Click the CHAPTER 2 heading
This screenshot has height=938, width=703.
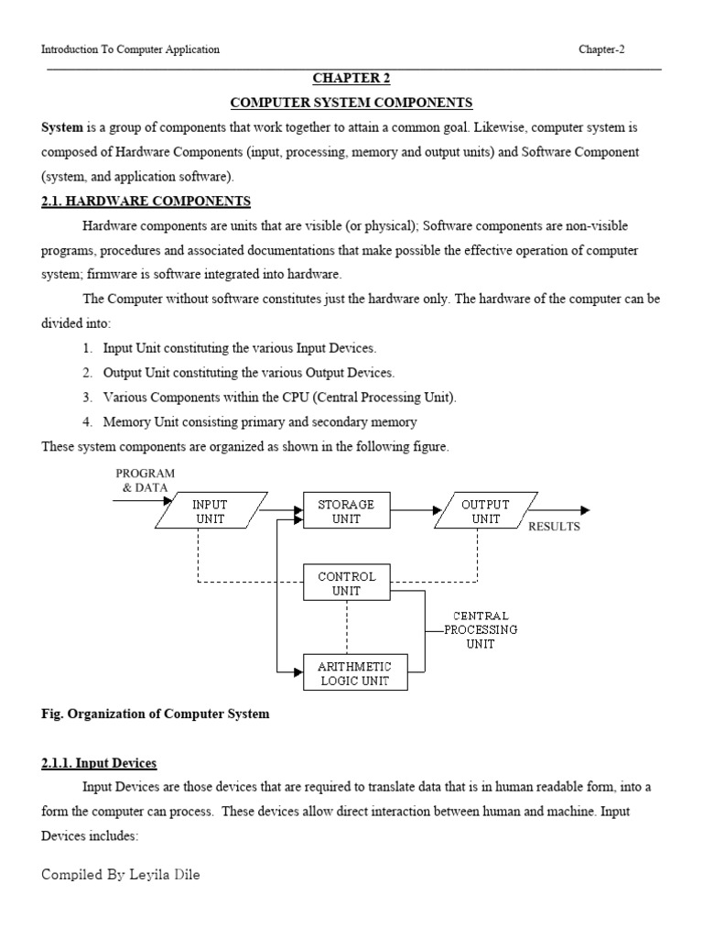pyautogui.click(x=351, y=79)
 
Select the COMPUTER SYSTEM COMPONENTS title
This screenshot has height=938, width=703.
pyautogui.click(x=351, y=103)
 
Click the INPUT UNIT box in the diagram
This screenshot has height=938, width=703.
pyautogui.click(x=210, y=511)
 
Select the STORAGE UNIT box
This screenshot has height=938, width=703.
pyautogui.click(x=345, y=511)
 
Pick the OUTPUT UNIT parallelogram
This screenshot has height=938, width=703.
pyautogui.click(x=486, y=511)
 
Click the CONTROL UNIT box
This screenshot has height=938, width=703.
pyautogui.click(x=345, y=584)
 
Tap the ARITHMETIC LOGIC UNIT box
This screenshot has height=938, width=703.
pyautogui.click(x=354, y=673)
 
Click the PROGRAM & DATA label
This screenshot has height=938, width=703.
pyautogui.click(x=145, y=480)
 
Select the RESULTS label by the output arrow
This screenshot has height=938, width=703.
pyautogui.click(x=554, y=527)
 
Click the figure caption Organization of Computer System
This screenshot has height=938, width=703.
pyautogui.click(x=156, y=714)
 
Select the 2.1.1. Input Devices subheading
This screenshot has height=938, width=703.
pyautogui.click(x=100, y=763)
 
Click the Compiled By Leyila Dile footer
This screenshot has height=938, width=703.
pyautogui.click(x=120, y=875)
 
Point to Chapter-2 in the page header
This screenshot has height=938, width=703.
pyautogui.click(x=602, y=49)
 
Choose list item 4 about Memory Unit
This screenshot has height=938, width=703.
pyautogui.click(x=249, y=422)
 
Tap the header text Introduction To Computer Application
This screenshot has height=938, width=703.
pyautogui.click(x=131, y=49)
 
